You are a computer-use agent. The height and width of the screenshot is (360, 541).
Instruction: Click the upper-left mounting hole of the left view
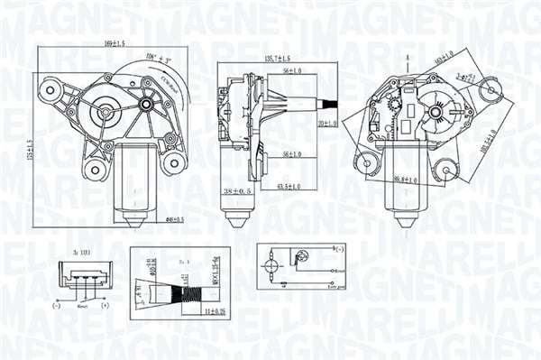click(x=49, y=88)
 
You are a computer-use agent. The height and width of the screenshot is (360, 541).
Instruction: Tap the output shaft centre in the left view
click(x=106, y=113)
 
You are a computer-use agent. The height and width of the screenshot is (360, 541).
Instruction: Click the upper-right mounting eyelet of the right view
click(x=491, y=88)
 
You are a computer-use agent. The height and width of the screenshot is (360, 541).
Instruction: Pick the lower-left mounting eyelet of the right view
click(x=365, y=163)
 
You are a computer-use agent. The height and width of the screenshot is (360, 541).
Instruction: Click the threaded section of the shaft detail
click(x=189, y=292)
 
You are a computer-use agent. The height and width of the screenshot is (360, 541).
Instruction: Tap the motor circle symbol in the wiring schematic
click(x=270, y=267)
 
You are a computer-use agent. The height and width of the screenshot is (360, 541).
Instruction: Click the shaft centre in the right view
click(x=436, y=113)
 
